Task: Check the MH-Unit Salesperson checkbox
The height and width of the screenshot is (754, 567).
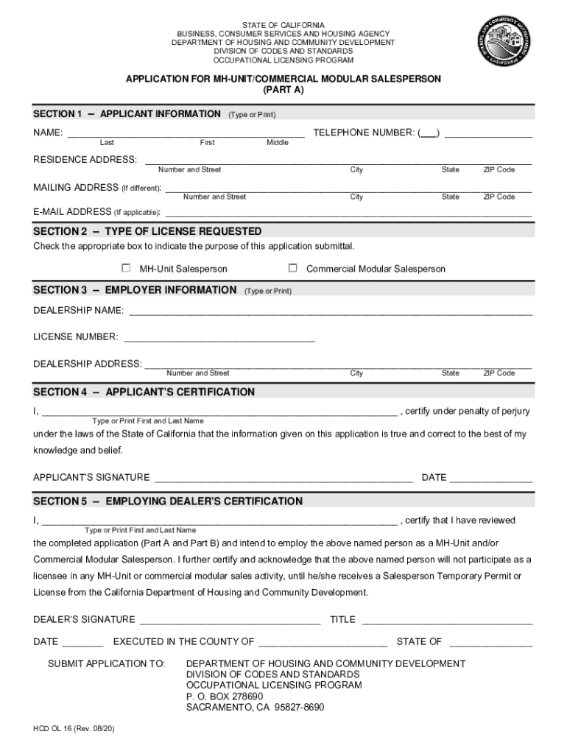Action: point(126,269)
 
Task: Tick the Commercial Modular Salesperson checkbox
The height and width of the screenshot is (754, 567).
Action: point(292,268)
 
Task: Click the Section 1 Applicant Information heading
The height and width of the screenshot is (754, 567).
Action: point(127,114)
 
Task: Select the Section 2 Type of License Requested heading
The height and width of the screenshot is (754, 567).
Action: point(147,231)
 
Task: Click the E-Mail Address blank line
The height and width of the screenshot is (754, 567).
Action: point(348,214)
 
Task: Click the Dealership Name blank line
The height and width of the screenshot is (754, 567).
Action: point(331,313)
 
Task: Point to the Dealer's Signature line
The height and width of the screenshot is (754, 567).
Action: point(230,622)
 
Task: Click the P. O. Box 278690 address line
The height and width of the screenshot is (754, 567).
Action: point(225,697)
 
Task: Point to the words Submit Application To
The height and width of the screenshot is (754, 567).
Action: point(106,663)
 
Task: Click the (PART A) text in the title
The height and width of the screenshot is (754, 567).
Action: point(283,90)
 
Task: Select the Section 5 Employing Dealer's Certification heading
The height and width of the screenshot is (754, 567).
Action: point(168,501)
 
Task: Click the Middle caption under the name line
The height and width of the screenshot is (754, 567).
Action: point(278,143)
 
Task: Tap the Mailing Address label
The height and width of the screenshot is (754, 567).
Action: point(75,188)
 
